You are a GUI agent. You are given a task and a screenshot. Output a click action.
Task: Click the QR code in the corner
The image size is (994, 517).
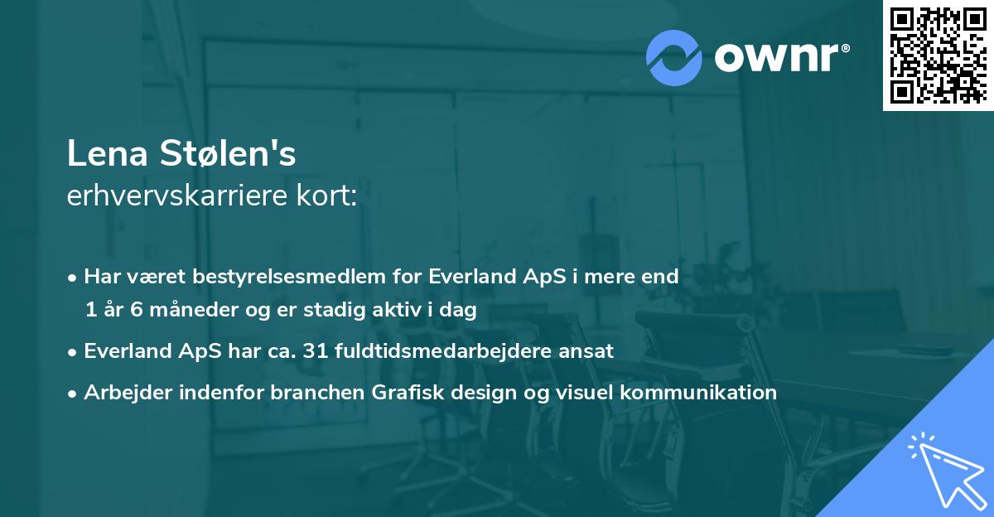click(x=938, y=56)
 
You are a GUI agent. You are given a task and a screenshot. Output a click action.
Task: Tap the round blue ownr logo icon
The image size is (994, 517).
click(x=673, y=57)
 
